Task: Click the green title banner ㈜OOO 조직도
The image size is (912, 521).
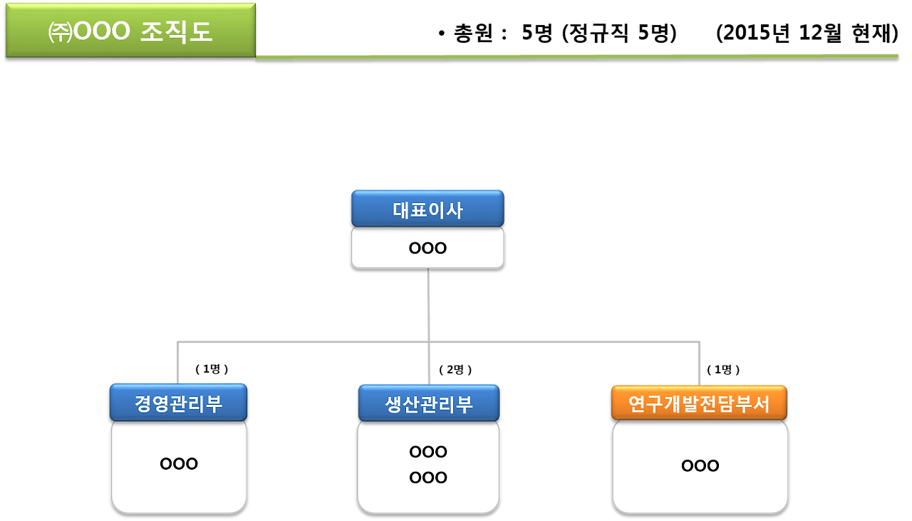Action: coord(130,30)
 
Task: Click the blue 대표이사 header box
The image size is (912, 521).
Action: coord(427,209)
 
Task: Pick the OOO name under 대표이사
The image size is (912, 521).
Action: coord(427,248)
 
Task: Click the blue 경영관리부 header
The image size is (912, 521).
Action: coord(178,403)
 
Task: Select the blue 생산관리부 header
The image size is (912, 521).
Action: coord(428,404)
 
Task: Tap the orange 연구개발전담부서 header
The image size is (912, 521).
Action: coord(699,404)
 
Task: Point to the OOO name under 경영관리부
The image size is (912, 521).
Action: coord(179,464)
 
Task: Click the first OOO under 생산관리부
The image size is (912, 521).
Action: coord(428,452)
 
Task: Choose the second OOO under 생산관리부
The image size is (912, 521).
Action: coord(428,478)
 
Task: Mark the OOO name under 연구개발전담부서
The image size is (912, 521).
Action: coord(700,466)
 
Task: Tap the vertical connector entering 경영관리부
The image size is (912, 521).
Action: coord(177,363)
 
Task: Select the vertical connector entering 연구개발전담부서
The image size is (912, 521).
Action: coord(699,364)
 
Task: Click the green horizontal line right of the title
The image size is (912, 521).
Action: coord(577,56)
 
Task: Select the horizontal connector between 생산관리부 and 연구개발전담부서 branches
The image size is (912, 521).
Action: coord(563,343)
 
